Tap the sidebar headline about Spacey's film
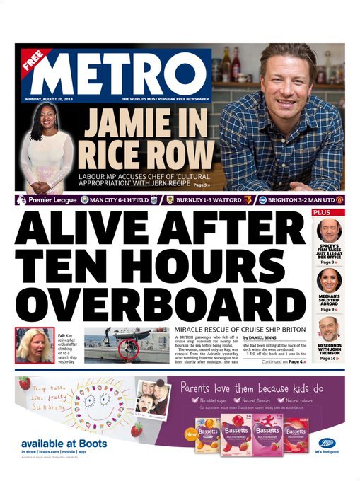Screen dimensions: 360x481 pos(328,252)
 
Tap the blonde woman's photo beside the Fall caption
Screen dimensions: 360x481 pos(33,345)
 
